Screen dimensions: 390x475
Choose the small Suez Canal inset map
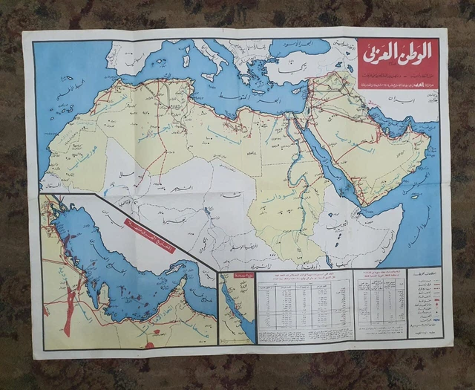[x=237, y=308]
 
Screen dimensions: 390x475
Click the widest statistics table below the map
[x=304, y=305]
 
